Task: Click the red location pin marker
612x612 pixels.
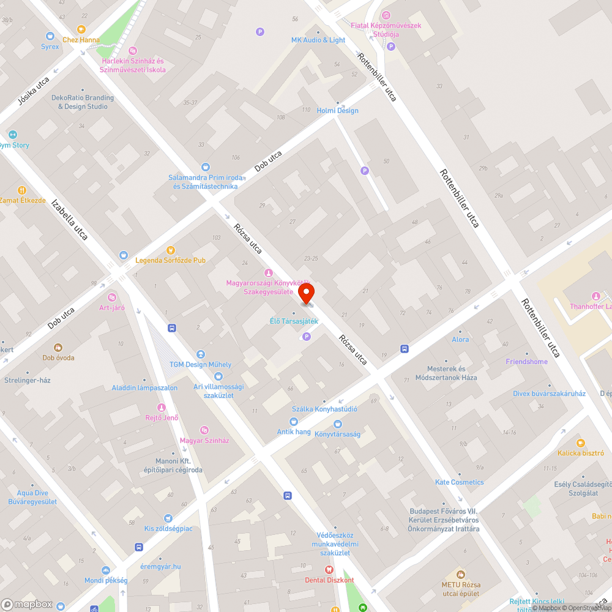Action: tap(305, 293)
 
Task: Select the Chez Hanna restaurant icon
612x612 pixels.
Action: tap(81, 29)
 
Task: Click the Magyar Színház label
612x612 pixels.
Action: tap(204, 441)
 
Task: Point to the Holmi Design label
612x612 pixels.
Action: tap(338, 111)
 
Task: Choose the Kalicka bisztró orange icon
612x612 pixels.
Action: tap(581, 442)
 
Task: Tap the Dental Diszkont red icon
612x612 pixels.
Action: tap(329, 570)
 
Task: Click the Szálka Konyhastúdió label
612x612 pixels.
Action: tap(324, 409)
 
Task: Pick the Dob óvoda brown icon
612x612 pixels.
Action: tap(58, 347)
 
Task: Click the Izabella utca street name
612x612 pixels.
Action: tap(70, 218)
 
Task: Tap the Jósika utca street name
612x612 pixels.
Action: tap(34, 93)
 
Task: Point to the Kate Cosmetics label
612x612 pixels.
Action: tap(459, 482)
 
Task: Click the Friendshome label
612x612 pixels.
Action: tap(526, 362)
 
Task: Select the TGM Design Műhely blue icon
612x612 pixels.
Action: tap(200, 354)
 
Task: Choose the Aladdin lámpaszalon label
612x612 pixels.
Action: tap(144, 388)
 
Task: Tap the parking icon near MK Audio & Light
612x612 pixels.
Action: tap(260, 32)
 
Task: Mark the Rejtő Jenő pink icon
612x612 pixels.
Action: tap(162, 408)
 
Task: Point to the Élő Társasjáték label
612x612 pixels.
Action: tap(294, 321)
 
